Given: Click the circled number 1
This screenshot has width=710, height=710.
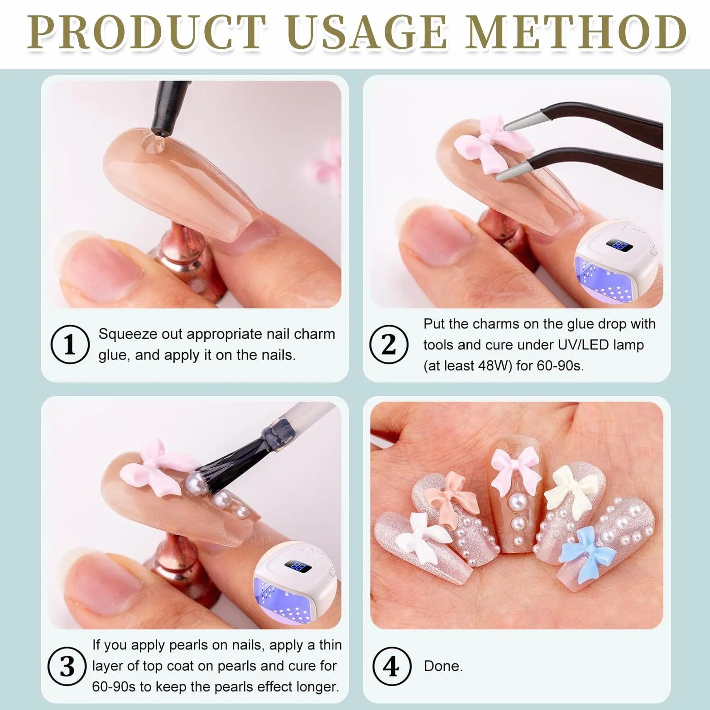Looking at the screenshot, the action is coord(69,344).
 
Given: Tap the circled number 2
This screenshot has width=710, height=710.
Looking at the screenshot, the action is coord(389,344).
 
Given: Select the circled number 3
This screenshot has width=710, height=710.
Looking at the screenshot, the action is coord(67,666).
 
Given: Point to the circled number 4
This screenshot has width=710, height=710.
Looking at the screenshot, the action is coord(392,666).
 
